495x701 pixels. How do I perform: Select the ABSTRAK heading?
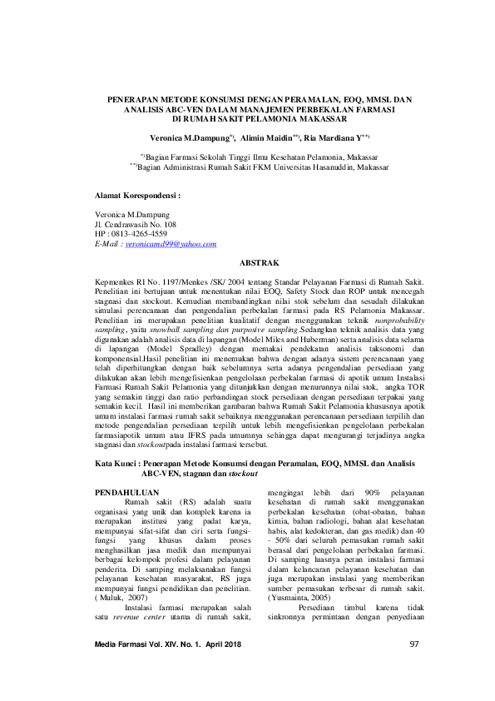click(247, 262)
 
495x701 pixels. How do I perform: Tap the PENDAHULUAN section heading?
click(126, 492)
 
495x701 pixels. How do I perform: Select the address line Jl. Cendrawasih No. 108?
click(136, 225)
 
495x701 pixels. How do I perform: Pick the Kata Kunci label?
click(117, 463)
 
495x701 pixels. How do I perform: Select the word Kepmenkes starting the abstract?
click(118, 284)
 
